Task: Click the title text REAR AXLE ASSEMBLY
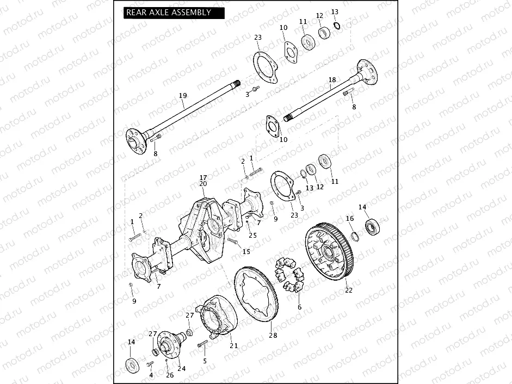tap(168, 12)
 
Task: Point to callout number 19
tap(183, 96)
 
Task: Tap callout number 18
tap(332, 80)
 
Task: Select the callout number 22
tap(349, 290)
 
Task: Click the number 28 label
tap(273, 336)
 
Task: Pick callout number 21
tap(234, 345)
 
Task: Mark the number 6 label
tap(299, 307)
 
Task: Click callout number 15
tap(246, 251)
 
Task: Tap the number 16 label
tap(350, 218)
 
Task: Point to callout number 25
tap(252, 235)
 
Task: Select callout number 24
tap(182, 368)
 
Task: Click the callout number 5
tap(205, 361)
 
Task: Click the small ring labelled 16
tap(353, 236)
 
